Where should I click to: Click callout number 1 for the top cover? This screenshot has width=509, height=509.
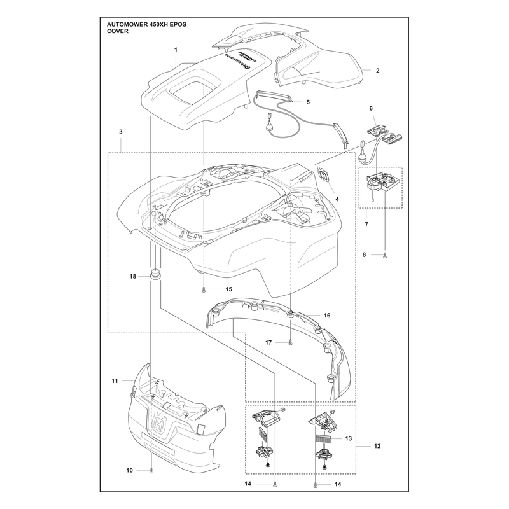click(176, 50)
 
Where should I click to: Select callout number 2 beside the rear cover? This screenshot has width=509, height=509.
click(377, 71)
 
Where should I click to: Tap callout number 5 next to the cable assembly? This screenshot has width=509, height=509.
click(308, 102)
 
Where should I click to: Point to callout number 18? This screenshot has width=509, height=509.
click(132, 277)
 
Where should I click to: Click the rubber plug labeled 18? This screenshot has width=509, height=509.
click(155, 274)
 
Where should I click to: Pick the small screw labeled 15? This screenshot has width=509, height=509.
click(204, 289)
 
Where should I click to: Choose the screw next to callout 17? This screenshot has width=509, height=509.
click(290, 342)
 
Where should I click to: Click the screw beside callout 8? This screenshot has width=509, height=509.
click(385, 255)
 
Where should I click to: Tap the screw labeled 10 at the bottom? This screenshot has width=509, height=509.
click(151, 470)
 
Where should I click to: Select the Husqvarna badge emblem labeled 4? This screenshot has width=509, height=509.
click(324, 173)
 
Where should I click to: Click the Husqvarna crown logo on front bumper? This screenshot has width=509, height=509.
click(159, 423)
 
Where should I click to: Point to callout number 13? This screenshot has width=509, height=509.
click(348, 438)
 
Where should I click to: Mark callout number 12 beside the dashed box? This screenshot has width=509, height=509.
click(377, 446)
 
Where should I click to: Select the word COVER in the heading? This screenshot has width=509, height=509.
click(118, 31)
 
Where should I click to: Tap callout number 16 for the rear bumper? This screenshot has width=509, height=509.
click(327, 315)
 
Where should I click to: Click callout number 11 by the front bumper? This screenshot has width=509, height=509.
click(115, 380)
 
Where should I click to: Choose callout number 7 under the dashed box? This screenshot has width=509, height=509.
click(366, 224)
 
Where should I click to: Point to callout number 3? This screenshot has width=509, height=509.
click(121, 132)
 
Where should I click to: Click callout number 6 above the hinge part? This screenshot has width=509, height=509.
click(371, 108)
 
